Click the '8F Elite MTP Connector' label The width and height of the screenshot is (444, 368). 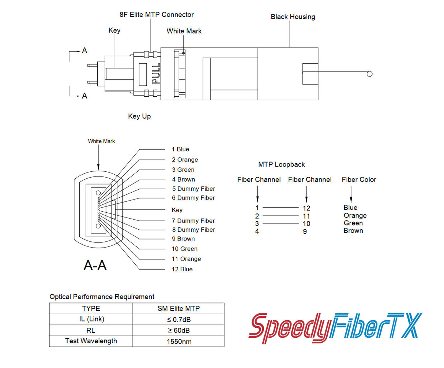pos(157,15)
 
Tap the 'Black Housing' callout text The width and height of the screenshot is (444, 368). pos(293,17)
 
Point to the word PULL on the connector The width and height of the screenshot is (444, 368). pos(156,74)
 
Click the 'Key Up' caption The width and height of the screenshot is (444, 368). pos(139,116)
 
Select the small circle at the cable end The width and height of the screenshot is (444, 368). pos(369,74)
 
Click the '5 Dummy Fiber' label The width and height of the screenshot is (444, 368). pos(193,189)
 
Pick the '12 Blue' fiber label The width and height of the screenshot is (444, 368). pos(182,270)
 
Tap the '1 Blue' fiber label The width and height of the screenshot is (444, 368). pos(180,149)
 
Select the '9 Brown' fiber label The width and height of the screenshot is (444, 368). pos(183,239)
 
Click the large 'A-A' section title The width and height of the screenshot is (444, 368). pos(95,265)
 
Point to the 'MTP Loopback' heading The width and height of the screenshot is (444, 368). pos(281,165)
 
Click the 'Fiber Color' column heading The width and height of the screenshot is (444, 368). pos(359,180)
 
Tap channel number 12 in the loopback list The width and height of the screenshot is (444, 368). pos(306,208)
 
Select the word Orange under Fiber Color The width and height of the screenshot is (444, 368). pos(355,216)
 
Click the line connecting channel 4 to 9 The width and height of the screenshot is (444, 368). pos(281,231)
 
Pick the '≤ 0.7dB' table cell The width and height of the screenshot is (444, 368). pos(178,320)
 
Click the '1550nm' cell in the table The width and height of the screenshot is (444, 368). pos(179,342)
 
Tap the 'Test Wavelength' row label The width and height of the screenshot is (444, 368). pos(91,341)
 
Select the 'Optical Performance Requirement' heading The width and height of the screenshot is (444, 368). pos(102,297)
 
